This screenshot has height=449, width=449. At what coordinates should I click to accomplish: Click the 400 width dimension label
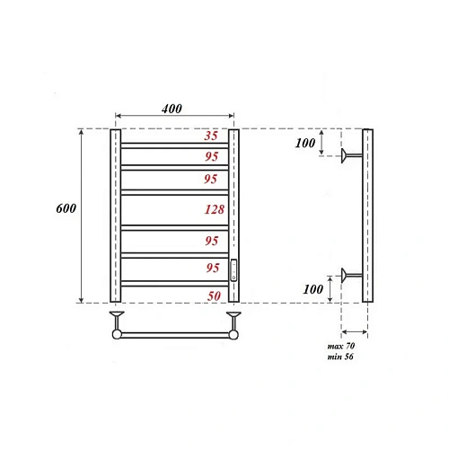coord(172,109)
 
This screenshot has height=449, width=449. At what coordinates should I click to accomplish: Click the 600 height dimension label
coord(65,208)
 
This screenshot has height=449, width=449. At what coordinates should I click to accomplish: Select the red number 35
coord(212,136)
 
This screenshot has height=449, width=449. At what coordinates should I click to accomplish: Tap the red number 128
coord(212,209)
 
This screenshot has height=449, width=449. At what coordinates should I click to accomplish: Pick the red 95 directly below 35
coord(212,155)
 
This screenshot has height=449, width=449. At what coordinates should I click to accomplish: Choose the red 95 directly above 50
coord(212,267)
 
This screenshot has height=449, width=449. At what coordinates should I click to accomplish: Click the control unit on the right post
coord(234,269)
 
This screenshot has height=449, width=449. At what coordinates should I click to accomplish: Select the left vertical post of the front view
coord(115,216)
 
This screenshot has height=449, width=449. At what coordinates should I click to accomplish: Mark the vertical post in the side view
coord(367,216)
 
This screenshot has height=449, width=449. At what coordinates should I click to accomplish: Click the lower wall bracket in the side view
coord(350,274)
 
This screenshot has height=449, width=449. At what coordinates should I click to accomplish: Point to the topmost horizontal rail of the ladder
coord(174,144)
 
